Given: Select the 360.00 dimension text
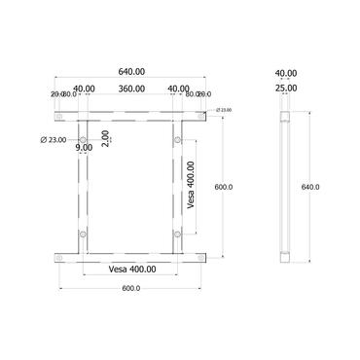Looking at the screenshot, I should click(130, 90).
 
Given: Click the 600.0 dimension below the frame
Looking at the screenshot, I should click(130, 288).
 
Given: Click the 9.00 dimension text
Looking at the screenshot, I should click(85, 148).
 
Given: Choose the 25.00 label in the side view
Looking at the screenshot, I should click(285, 90).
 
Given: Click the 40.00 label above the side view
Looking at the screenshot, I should click(285, 73).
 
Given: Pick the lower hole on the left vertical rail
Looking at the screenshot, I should click(84, 234).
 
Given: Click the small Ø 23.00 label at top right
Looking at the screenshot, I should click(226, 110).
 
